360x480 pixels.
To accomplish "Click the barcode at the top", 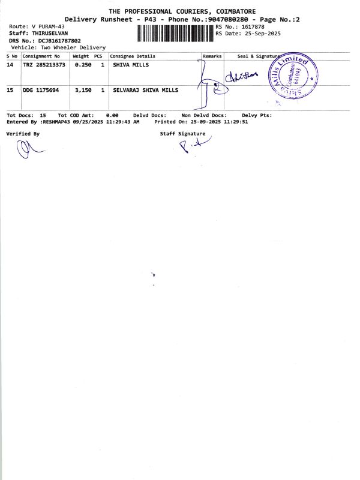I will pos(175,33).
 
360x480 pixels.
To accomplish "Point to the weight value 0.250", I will pos(83,65).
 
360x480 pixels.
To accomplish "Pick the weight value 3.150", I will pos(83,90).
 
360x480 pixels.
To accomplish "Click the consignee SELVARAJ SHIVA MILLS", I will pos(146,90).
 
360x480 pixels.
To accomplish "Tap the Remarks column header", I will pos(212,56).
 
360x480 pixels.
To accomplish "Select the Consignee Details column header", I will pos(133,56).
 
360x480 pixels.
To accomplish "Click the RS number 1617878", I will pos(251,27).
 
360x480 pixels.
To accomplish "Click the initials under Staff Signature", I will pos(188,146).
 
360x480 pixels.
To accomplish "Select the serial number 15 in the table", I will pos(10,90).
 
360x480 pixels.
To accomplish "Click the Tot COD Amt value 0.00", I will pos(112,115).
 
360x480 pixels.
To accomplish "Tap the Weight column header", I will pos(80,56).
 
